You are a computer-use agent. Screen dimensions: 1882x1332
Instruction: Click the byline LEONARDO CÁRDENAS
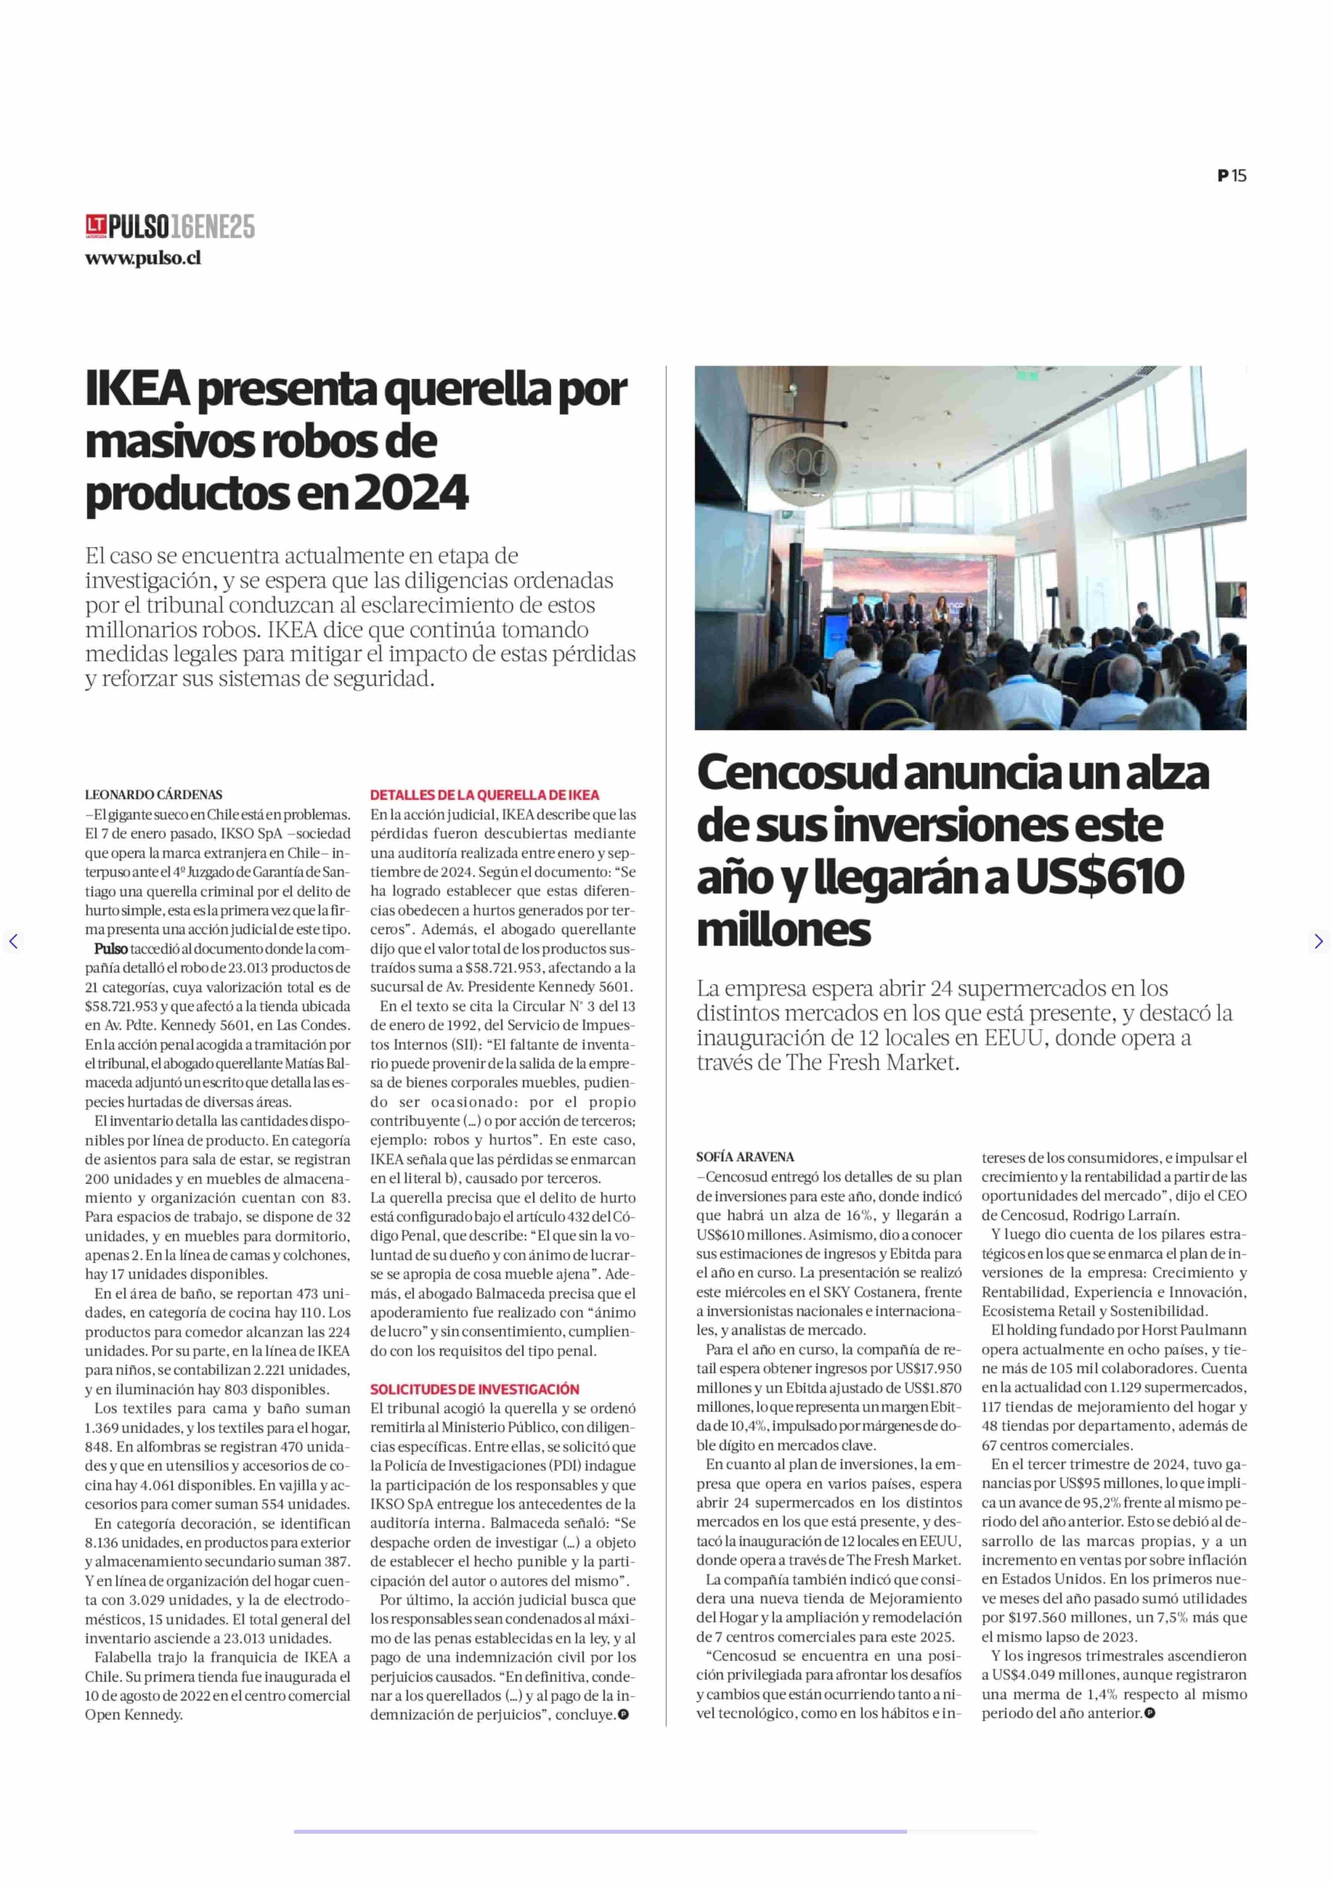pos(153,794)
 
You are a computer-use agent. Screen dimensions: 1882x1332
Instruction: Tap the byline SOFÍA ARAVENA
pos(745,1157)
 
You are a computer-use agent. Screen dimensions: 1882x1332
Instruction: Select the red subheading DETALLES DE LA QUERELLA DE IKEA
pos(484,794)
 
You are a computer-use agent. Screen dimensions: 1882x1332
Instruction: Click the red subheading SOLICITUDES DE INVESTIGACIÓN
pos(474,1389)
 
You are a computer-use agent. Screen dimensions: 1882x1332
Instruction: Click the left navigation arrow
pos(13,941)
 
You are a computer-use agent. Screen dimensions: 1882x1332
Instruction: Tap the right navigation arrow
pos(1318,941)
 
